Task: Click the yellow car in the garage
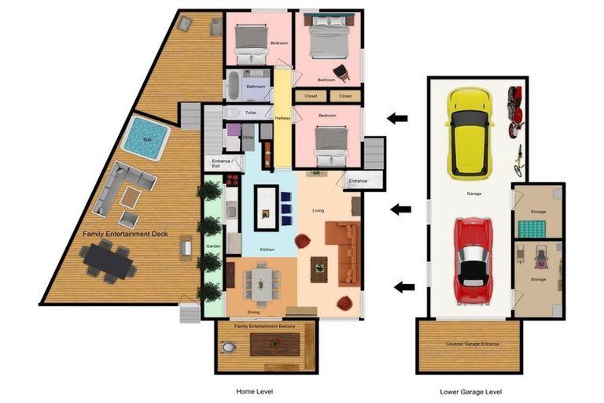coord(469,133)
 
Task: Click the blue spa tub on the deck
coord(148,139)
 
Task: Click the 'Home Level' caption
coord(255,391)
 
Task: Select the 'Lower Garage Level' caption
coord(471,391)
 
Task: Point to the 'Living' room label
coord(318,210)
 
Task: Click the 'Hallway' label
coord(282,118)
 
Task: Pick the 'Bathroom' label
coord(256,87)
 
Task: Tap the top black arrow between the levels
coord(397,119)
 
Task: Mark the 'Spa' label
coord(147,139)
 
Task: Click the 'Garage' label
coord(473,193)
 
